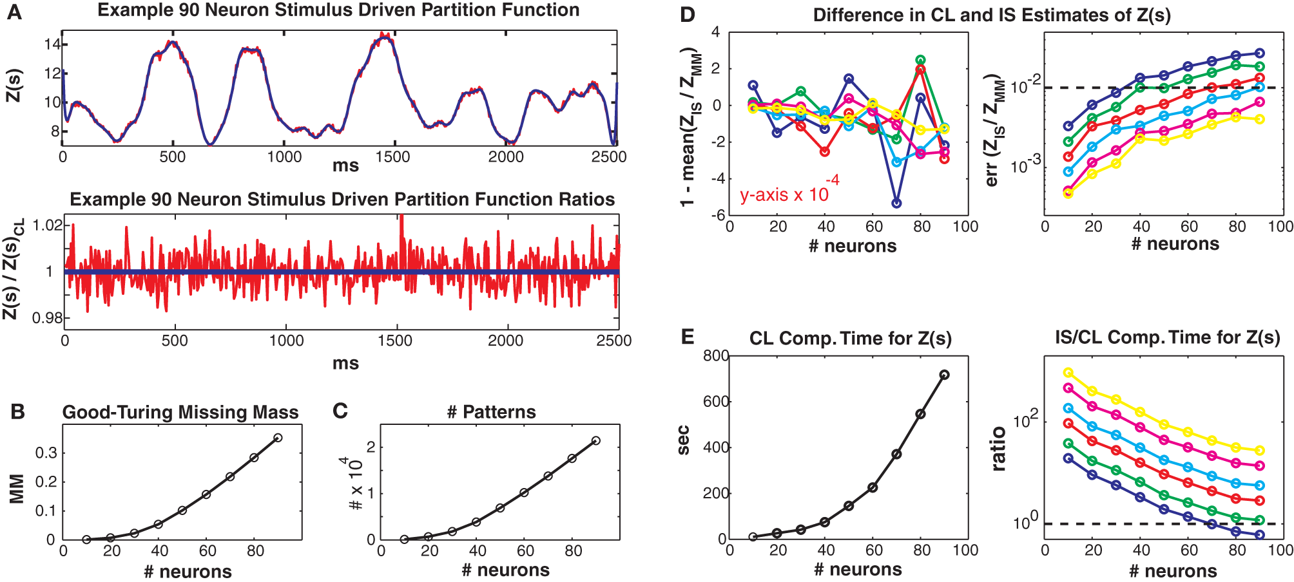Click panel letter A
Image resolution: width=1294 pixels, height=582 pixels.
tap(14, 12)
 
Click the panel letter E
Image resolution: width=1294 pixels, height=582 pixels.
tap(688, 337)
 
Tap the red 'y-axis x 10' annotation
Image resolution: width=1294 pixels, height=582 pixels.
tap(784, 194)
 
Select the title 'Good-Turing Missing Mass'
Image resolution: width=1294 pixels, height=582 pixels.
tap(180, 412)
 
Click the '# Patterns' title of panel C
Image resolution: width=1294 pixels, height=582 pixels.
tap(491, 412)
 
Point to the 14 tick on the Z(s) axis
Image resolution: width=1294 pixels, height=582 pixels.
tap(52, 44)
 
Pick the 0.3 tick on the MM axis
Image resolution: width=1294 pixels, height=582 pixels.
tap(46, 453)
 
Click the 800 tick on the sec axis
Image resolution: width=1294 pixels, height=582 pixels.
tap(716, 356)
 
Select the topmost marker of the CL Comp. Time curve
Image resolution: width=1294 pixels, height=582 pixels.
tap(944, 375)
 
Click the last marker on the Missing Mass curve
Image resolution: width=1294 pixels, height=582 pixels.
tap(278, 438)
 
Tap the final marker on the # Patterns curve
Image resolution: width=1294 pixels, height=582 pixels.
tap(595, 441)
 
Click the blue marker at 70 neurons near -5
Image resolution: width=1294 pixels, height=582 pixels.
tap(896, 203)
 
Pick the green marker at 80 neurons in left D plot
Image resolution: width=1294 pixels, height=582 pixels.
tap(920, 60)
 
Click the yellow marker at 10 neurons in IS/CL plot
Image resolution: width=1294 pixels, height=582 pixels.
tap(1068, 373)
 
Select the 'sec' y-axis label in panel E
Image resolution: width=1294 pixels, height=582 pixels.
tap(684, 440)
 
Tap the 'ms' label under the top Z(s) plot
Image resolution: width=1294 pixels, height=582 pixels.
tap(345, 166)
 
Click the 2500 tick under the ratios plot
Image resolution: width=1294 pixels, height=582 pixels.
tap(613, 341)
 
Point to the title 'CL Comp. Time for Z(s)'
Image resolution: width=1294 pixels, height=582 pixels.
tap(850, 339)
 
